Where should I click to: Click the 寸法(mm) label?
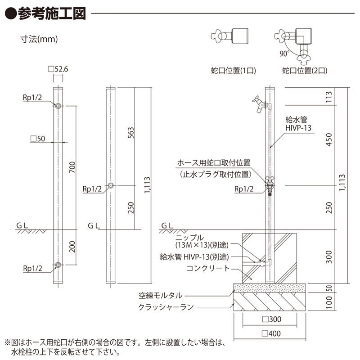(x=40, y=39)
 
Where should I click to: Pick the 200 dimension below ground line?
(x=72, y=247)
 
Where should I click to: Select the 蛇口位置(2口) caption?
(x=305, y=70)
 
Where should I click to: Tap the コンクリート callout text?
(x=208, y=269)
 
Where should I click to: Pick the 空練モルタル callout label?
(x=161, y=296)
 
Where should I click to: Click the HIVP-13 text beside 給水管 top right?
(x=298, y=128)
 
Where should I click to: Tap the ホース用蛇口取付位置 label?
(x=214, y=163)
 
